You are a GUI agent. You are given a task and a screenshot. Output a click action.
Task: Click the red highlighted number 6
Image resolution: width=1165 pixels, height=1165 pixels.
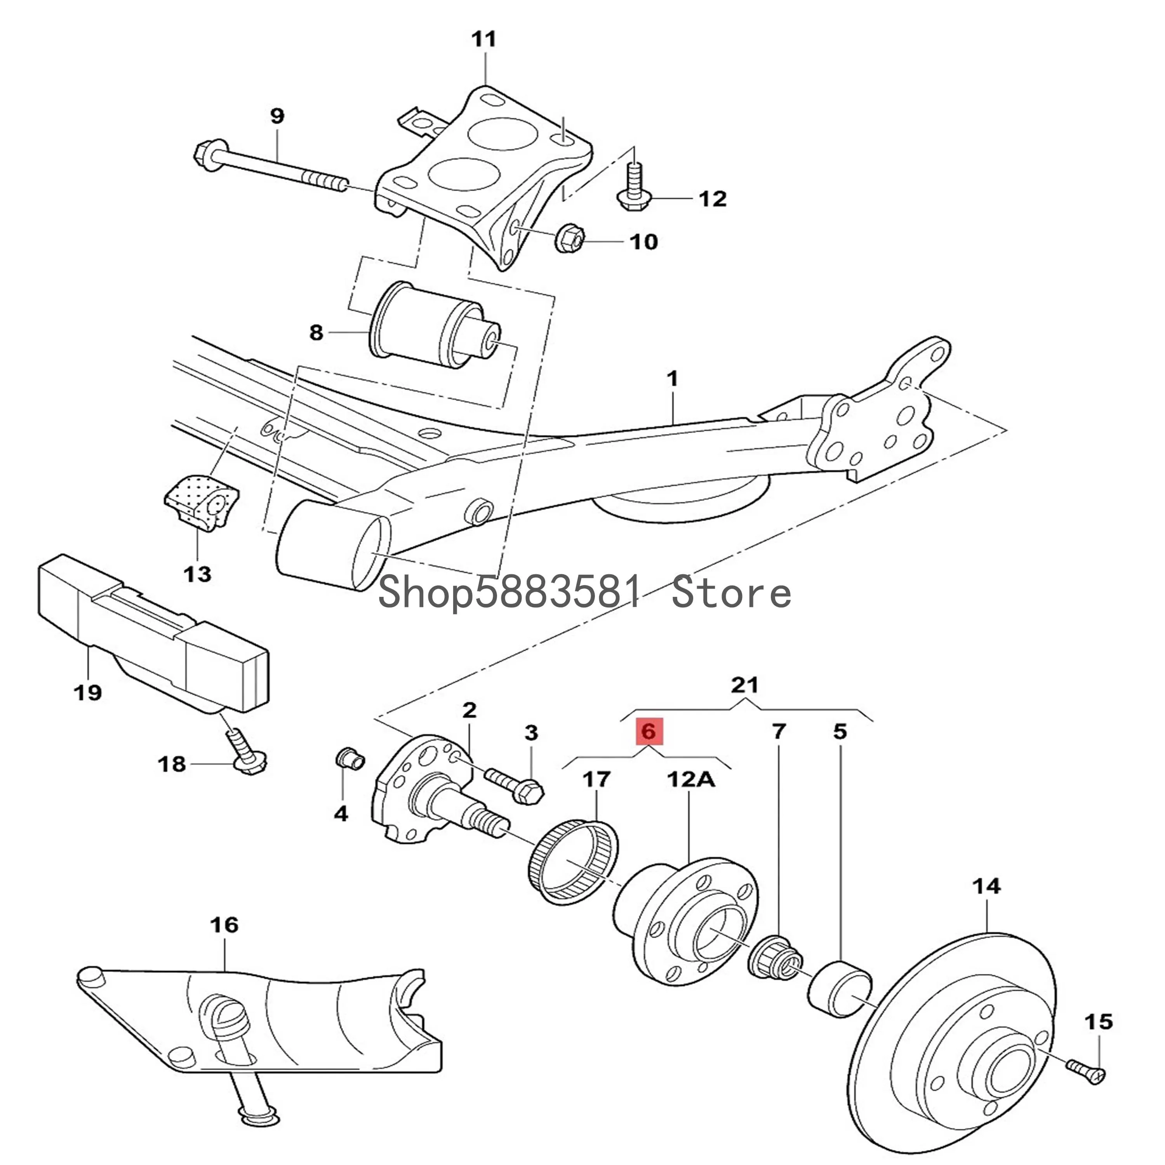(648, 732)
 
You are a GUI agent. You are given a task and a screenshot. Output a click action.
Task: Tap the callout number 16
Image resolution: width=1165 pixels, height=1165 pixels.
(224, 925)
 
